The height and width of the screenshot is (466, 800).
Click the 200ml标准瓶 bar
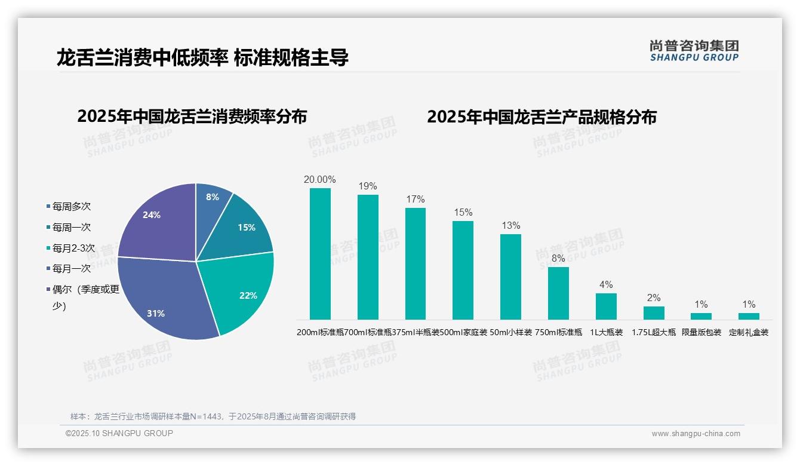point(320,254)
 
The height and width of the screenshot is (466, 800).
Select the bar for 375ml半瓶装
point(416,263)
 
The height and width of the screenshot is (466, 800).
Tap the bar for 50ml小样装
point(510,277)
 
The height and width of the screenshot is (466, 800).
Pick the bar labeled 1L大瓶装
point(606,306)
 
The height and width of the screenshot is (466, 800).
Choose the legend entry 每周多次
point(71,207)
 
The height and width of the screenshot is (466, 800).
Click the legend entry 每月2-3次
point(73,248)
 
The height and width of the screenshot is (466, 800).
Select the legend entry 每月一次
point(71,269)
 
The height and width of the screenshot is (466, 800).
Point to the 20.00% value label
point(320,179)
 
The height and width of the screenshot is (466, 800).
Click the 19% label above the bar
point(368,186)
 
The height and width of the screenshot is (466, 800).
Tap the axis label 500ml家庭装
point(463,333)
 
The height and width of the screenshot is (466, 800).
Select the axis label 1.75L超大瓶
point(654,333)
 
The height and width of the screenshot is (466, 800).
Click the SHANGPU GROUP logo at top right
point(694,51)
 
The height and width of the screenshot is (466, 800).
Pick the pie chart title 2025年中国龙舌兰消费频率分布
point(192,116)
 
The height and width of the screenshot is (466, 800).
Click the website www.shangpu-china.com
point(696,434)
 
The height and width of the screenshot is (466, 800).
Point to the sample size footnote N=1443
point(213,416)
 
